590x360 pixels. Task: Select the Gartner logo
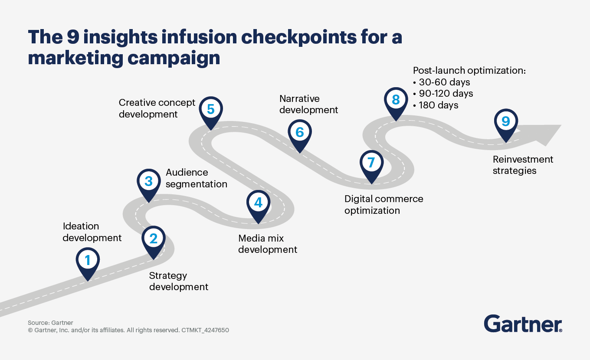(523, 324)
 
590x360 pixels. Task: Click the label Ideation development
(92, 232)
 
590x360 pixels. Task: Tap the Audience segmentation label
(196, 178)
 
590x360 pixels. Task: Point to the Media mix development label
(268, 244)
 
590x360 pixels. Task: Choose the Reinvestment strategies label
(523, 165)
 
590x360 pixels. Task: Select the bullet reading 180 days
(438, 105)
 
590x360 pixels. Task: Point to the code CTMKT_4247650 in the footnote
(205, 330)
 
